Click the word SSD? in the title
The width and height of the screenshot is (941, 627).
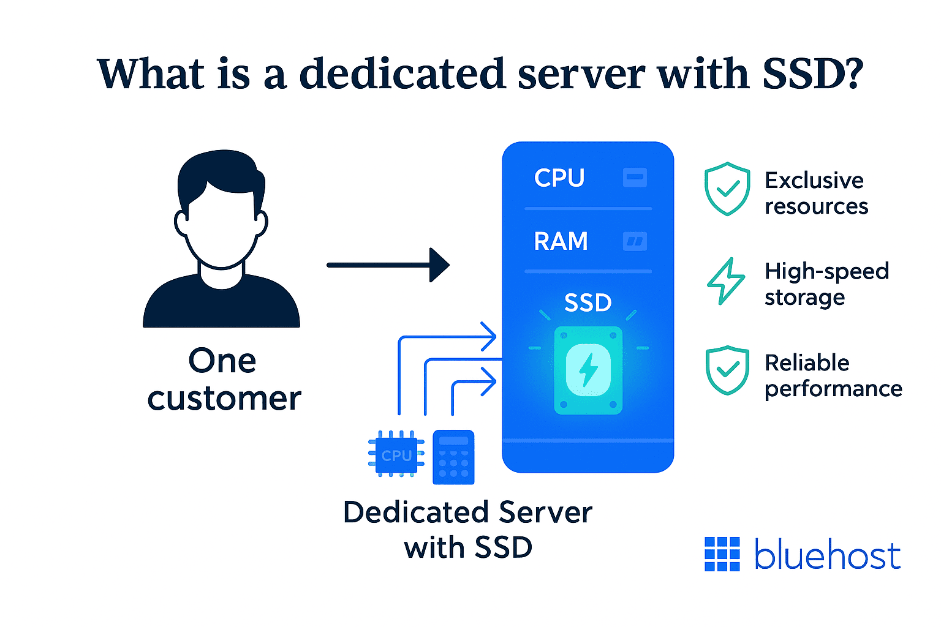(x=812, y=74)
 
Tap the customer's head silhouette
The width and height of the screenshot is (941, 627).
(x=221, y=208)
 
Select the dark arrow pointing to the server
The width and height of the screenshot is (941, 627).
(x=388, y=265)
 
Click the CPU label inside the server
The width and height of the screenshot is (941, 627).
(x=559, y=178)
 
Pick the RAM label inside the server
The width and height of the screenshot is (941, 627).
(x=561, y=241)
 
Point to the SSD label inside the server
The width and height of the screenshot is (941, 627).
(x=588, y=302)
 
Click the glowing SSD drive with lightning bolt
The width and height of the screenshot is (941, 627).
(x=588, y=370)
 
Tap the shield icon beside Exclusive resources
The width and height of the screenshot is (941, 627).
(x=727, y=189)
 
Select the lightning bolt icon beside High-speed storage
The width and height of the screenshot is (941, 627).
(x=726, y=281)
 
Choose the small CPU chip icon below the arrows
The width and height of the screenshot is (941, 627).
(x=396, y=455)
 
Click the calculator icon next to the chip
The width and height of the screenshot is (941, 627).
(x=453, y=457)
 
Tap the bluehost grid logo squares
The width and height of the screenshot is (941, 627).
(x=722, y=554)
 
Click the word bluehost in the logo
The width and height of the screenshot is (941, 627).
(x=827, y=555)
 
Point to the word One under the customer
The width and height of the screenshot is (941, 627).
(x=222, y=361)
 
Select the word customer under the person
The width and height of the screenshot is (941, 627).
(x=224, y=399)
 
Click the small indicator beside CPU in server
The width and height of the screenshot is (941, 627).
(x=635, y=178)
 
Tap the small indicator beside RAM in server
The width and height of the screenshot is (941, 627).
(x=635, y=241)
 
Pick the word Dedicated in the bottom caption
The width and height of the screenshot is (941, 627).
(x=416, y=512)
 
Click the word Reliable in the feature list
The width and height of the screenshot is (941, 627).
(x=807, y=362)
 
